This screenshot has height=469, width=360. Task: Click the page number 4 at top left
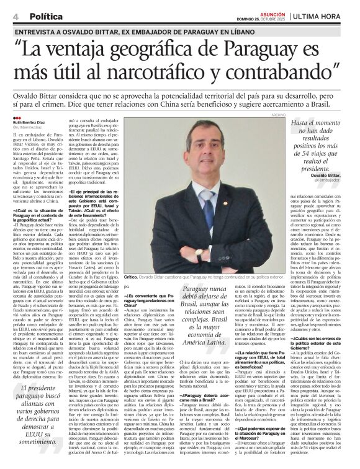(15, 16)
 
